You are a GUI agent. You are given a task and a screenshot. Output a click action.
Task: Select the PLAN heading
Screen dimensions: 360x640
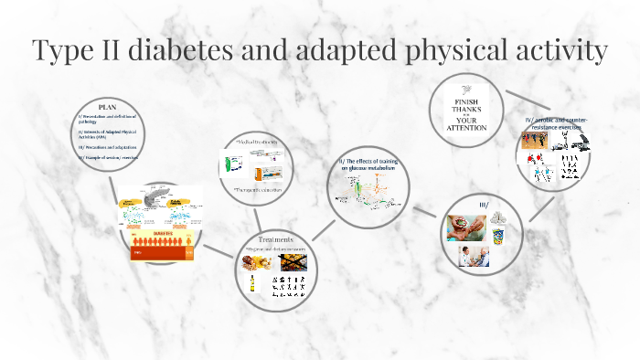pos(108,107)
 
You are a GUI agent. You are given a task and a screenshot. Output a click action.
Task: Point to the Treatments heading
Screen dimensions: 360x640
pos(275,239)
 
